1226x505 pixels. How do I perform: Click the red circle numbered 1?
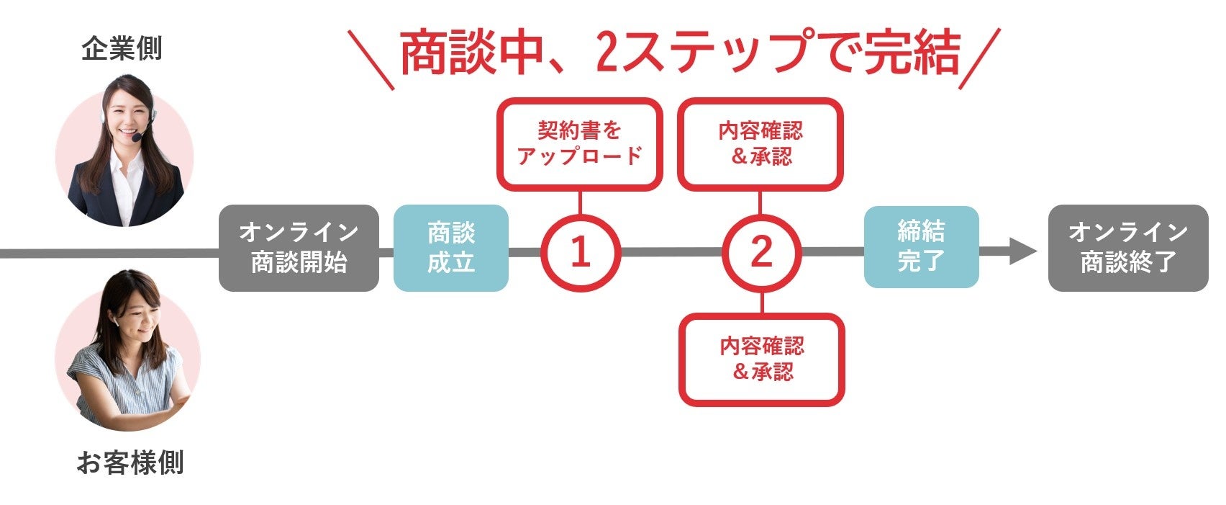pos(580,252)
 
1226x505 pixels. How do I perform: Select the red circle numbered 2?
pos(761,252)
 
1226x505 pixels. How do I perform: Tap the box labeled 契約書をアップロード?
pos(579,144)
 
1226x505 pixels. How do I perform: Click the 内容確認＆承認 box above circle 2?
pos(760,144)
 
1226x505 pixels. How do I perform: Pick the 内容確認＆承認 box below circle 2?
pos(762,359)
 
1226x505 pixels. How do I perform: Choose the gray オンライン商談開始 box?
pos(299,248)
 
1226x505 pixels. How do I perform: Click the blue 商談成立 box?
pos(451,248)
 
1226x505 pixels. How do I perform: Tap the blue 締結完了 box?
pos(921,247)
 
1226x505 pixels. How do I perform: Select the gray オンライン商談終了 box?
pos(1127,248)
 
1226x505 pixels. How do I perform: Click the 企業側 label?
pos(121,49)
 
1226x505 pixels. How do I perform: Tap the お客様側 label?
pos(130,462)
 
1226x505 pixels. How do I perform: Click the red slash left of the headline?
pos(371,60)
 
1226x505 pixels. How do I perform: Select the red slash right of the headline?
pos(979,60)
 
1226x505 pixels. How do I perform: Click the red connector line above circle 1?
pos(580,202)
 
